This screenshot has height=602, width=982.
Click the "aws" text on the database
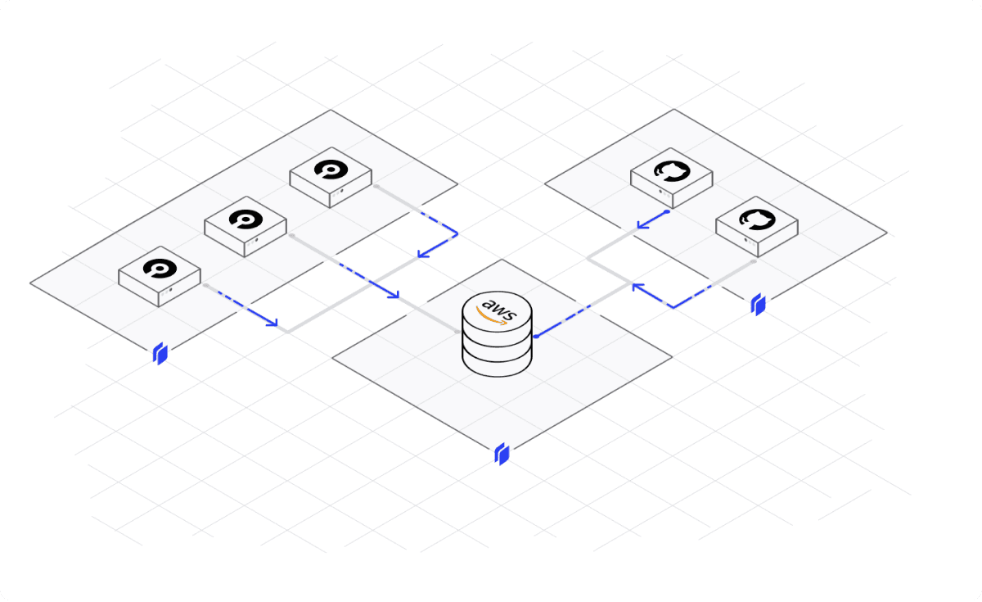pyautogui.click(x=496, y=309)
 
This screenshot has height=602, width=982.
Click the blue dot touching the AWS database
pyautogui.click(x=534, y=336)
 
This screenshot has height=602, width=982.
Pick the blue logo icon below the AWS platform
pyautogui.click(x=502, y=454)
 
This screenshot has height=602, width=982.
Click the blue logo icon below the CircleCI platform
pyautogui.click(x=161, y=354)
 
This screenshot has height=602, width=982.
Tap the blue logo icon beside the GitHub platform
pyautogui.click(x=759, y=306)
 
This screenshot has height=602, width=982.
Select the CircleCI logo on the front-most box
pyautogui.click(x=159, y=268)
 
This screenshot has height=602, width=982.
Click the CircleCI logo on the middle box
pyautogui.click(x=245, y=219)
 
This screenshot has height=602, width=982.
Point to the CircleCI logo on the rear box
pyautogui.click(x=331, y=170)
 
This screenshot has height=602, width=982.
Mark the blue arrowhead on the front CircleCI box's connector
pyautogui.click(x=273, y=324)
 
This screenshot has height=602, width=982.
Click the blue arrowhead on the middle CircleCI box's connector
pyautogui.click(x=394, y=294)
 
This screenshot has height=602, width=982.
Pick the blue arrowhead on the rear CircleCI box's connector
pyautogui.click(x=422, y=253)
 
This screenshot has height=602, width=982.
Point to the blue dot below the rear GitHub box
pyautogui.click(x=668, y=211)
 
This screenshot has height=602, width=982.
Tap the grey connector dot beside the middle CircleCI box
pyautogui.click(x=291, y=235)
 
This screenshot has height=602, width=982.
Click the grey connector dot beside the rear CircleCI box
pyautogui.click(x=376, y=186)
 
